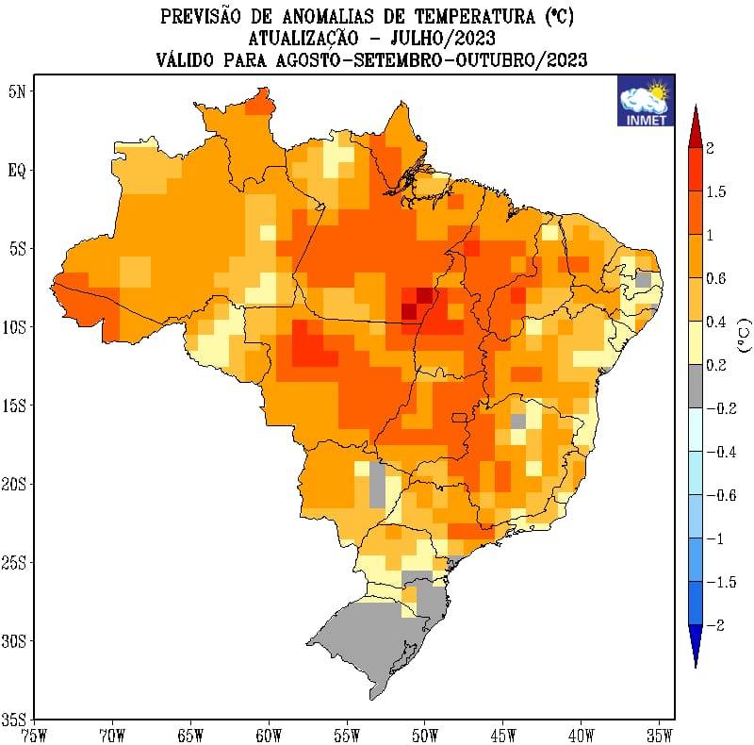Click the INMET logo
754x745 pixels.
(x=646, y=101)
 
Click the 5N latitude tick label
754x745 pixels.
(x=17, y=91)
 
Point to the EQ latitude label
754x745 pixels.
(x=17, y=171)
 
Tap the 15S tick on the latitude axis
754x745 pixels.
(x=13, y=406)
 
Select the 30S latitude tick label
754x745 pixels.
(x=13, y=641)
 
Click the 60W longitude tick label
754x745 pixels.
(x=269, y=735)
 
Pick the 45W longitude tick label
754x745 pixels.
(x=503, y=735)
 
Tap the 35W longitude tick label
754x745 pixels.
(x=660, y=735)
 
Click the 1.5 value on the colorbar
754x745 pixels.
(x=716, y=192)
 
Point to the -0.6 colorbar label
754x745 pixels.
(x=721, y=495)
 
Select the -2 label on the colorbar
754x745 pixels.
(x=715, y=625)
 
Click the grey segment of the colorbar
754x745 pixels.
(x=696, y=387)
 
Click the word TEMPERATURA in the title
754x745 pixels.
(x=475, y=17)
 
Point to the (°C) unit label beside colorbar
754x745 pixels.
(x=745, y=336)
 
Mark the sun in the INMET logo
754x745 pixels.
(x=657, y=91)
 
